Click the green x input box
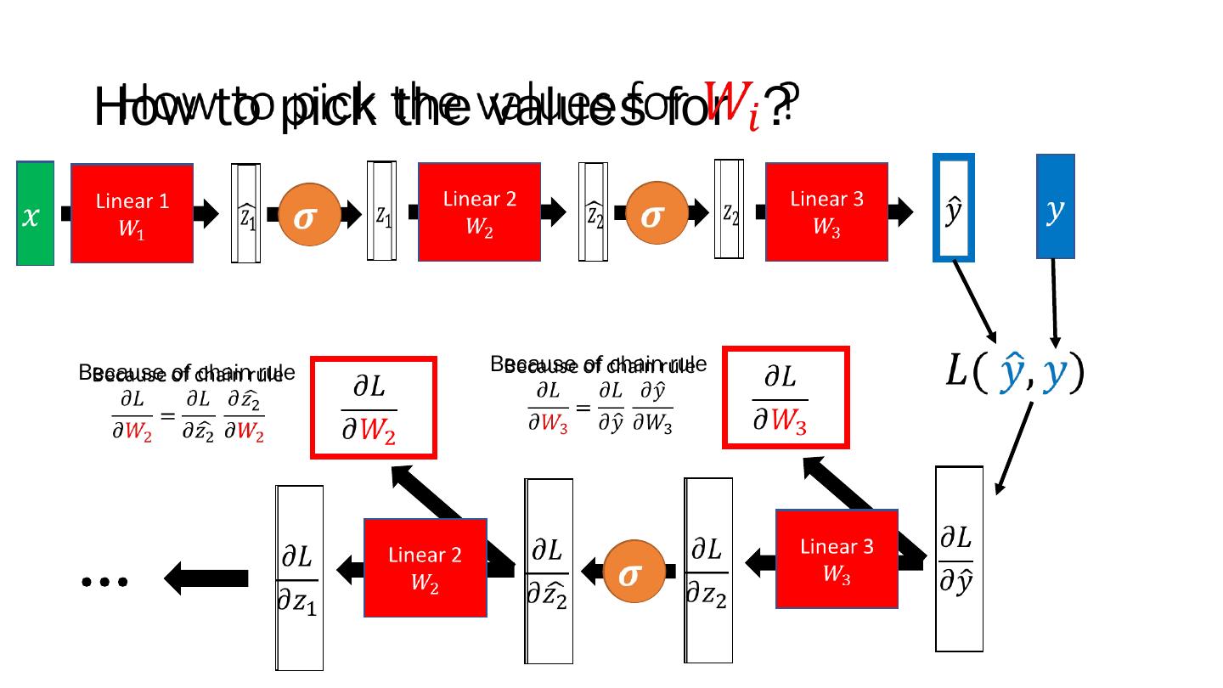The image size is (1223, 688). pyautogui.click(x=35, y=213)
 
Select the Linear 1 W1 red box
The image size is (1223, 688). pyautogui.click(x=132, y=213)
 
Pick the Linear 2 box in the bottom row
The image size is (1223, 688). pyautogui.click(x=425, y=567)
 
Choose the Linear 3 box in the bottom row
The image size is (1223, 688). pyautogui.click(x=837, y=558)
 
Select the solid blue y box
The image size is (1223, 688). pyautogui.click(x=1055, y=206)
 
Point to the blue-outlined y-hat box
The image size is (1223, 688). pyautogui.click(x=953, y=208)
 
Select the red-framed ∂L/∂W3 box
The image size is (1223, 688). pyautogui.click(x=786, y=397)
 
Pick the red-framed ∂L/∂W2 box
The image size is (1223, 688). pyautogui.click(x=374, y=408)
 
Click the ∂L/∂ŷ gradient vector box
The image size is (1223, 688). pyautogui.click(x=959, y=559)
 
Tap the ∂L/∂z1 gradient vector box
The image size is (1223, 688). pyautogui.click(x=299, y=578)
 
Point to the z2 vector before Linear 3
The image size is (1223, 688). pyautogui.click(x=729, y=210)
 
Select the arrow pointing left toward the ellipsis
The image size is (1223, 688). pyautogui.click(x=206, y=579)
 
